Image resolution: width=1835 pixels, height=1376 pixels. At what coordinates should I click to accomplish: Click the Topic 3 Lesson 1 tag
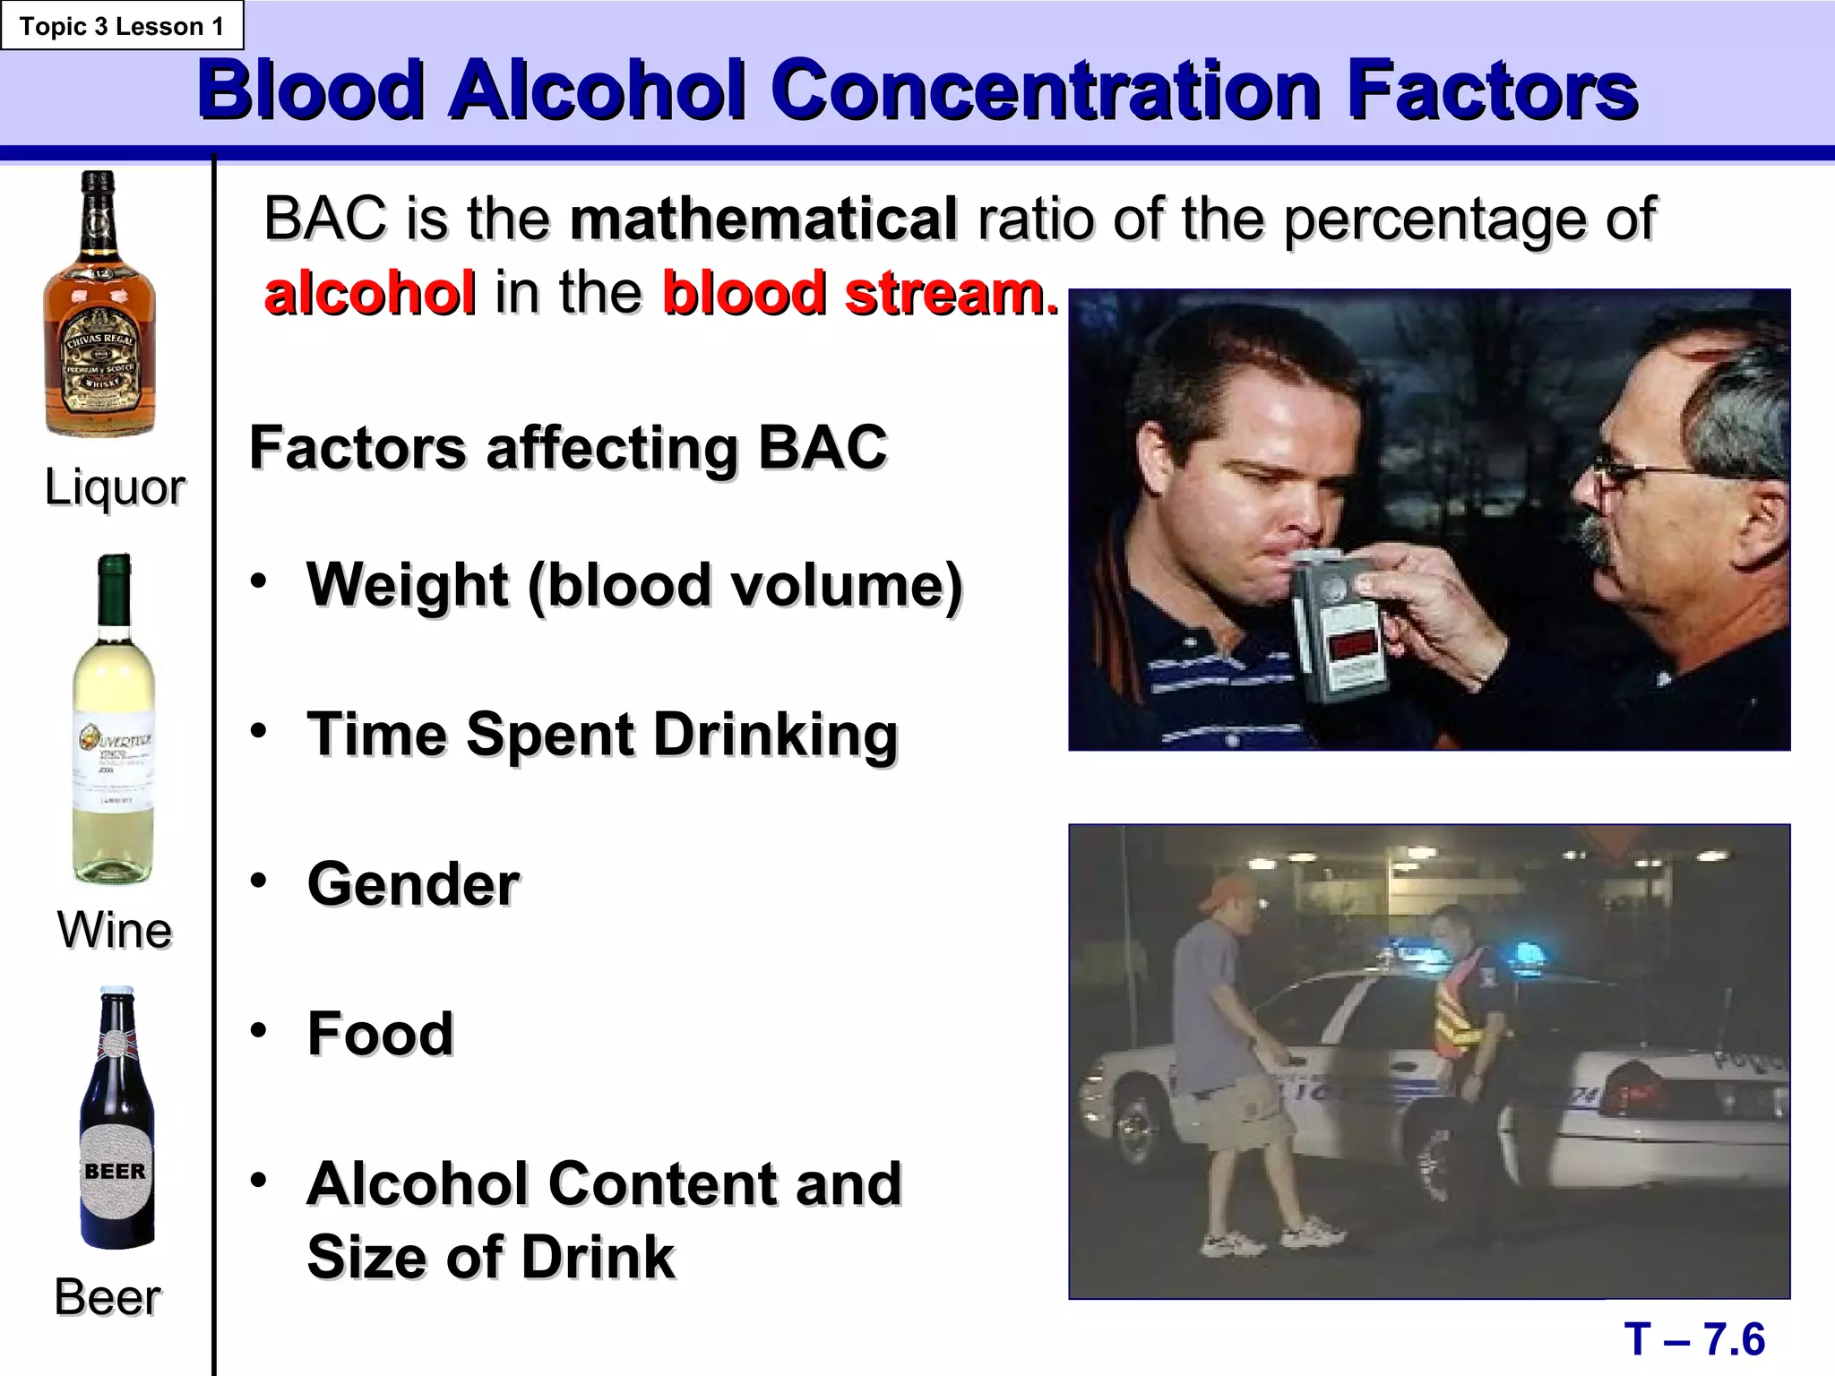coord(121,26)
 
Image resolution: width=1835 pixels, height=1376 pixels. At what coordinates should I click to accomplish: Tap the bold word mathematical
coord(763,219)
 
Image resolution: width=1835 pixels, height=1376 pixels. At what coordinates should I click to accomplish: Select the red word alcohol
coord(370,293)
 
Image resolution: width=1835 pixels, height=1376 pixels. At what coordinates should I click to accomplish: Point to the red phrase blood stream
coord(858,293)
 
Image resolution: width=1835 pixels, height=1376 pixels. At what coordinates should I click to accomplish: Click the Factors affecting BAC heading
coord(568,447)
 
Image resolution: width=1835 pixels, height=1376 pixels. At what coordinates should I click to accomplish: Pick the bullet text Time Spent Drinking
coord(601,735)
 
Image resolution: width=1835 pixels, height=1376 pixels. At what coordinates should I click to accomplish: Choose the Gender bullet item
coord(413,884)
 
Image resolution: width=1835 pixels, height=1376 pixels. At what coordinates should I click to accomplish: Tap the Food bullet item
coord(380,1034)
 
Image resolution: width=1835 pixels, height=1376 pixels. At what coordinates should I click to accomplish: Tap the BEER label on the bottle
coord(115,1172)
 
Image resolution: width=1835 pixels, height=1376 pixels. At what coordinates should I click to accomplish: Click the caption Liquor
coord(115,488)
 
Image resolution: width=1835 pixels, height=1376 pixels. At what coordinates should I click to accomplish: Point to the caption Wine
coord(115,930)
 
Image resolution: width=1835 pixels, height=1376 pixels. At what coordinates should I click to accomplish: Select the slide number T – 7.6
coord(1693,1340)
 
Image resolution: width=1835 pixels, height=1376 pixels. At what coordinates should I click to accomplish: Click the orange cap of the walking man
coord(1226,891)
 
